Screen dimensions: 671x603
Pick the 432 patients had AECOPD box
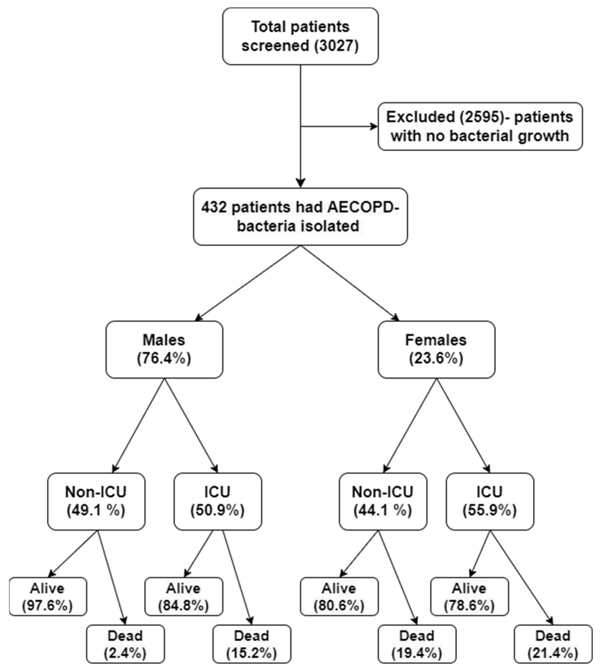click(x=300, y=217)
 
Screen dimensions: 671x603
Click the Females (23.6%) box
click(x=436, y=349)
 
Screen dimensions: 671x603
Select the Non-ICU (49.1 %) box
click(x=96, y=501)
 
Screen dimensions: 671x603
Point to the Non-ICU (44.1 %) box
click(x=383, y=501)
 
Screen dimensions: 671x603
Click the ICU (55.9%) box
click(x=489, y=501)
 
